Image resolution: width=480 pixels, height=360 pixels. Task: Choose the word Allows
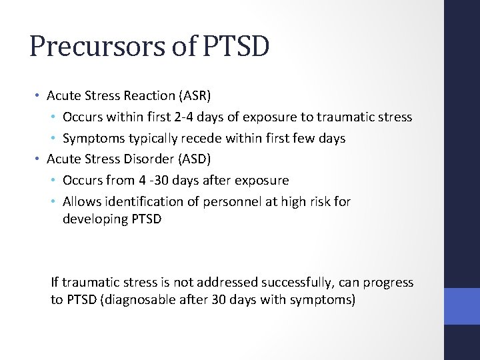[x=81, y=201]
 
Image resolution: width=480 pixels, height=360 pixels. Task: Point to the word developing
[x=92, y=218]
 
